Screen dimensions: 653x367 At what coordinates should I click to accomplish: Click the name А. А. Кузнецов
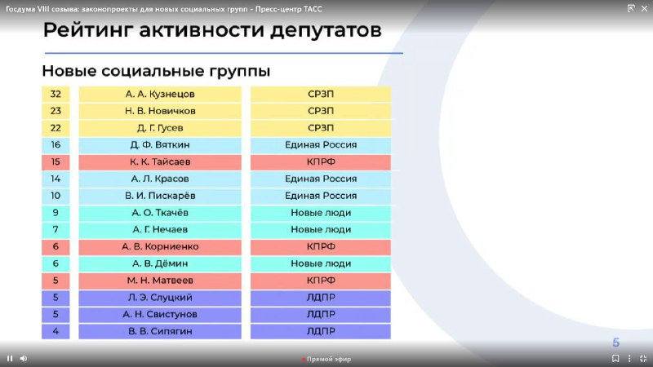click(x=160, y=94)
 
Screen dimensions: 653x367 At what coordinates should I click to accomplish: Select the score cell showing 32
click(x=56, y=94)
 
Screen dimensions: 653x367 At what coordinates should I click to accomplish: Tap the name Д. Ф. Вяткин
click(x=160, y=145)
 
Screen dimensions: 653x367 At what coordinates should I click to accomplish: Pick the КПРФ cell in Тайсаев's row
click(x=321, y=161)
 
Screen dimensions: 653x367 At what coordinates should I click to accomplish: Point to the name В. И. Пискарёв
click(x=160, y=196)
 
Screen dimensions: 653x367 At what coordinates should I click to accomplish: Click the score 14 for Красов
click(x=56, y=179)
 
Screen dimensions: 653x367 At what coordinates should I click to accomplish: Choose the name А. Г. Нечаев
click(x=160, y=230)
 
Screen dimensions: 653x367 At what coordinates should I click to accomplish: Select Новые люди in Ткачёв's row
click(x=321, y=213)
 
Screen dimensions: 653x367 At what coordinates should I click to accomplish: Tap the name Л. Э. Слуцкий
click(x=160, y=298)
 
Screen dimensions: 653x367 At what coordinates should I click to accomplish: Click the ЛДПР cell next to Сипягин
click(x=321, y=331)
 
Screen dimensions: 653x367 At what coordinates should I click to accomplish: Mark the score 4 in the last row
click(x=56, y=331)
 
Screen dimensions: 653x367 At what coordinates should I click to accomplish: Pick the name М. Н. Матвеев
click(x=160, y=281)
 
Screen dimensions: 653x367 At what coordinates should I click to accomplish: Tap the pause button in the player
click(x=10, y=358)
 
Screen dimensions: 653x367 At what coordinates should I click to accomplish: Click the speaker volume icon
click(x=24, y=358)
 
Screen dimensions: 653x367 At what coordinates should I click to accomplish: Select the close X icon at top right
click(x=644, y=8)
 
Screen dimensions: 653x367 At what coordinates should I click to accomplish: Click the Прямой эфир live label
click(x=329, y=359)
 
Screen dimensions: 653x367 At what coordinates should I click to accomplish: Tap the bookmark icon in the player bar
click(x=615, y=358)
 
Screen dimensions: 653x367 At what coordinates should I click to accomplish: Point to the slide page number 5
click(x=616, y=343)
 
